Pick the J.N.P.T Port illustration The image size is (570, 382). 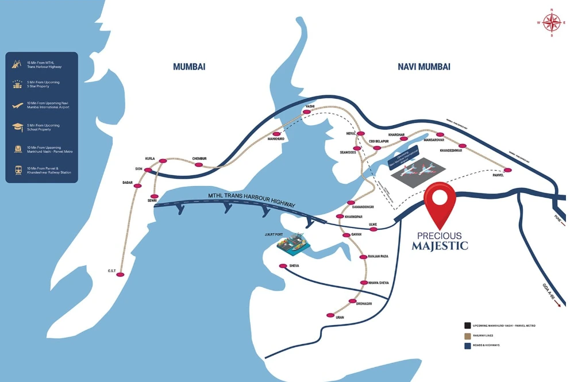[294, 243]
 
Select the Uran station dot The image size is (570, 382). [330, 315]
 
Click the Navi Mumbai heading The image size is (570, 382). [424, 67]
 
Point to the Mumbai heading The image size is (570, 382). [189, 67]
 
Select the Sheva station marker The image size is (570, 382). [282, 266]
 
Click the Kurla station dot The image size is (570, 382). [163, 161]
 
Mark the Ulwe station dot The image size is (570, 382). [373, 229]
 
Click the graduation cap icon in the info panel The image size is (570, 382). [17, 128]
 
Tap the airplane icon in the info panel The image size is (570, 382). [17, 106]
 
